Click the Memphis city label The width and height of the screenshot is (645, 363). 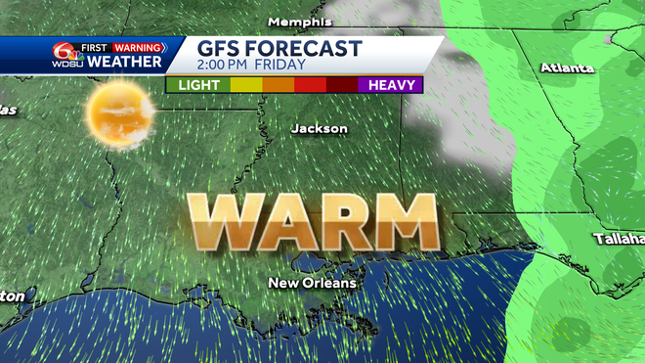pyautogui.click(x=294, y=22)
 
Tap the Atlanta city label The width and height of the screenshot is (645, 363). pyautogui.click(x=567, y=68)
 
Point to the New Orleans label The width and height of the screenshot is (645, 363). pyautogui.click(x=313, y=283)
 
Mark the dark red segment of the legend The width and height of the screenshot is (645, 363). pyautogui.click(x=342, y=85)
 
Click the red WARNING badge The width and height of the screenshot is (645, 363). pyautogui.click(x=137, y=46)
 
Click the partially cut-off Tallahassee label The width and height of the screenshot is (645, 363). pyautogui.click(x=620, y=239)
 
